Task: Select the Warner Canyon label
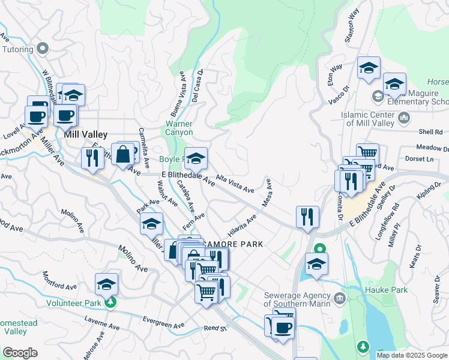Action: (179, 128)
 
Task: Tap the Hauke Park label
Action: (386, 290)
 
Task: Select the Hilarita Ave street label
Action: (242, 226)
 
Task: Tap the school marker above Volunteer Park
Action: (106, 284)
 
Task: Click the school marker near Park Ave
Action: (152, 224)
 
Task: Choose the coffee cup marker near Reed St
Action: (283, 328)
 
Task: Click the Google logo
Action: (20, 353)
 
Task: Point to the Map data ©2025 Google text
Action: (412, 355)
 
